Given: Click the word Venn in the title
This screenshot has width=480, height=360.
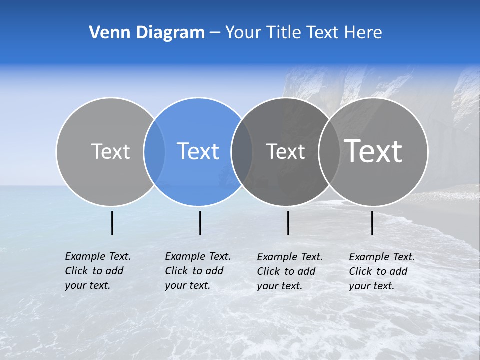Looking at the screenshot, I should [106, 33].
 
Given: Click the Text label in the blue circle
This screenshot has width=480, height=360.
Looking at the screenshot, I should [198, 151].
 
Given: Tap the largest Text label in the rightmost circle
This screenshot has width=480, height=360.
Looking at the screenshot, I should [373, 151].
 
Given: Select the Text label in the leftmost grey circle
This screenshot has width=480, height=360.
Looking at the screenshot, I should [110, 151].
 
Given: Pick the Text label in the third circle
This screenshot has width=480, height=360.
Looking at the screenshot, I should [285, 151].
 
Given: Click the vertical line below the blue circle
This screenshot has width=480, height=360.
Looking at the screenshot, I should [200, 223].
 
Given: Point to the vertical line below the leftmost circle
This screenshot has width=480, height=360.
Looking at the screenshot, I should [112, 223].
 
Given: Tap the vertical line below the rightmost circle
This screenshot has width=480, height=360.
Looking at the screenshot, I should [372, 223].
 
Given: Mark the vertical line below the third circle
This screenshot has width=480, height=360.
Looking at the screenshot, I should [288, 223].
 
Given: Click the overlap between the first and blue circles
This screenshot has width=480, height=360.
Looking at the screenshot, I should [154, 151].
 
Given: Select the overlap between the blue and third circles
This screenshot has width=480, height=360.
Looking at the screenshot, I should [242, 151].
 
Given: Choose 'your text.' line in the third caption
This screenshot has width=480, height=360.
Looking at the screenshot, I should [280, 286].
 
